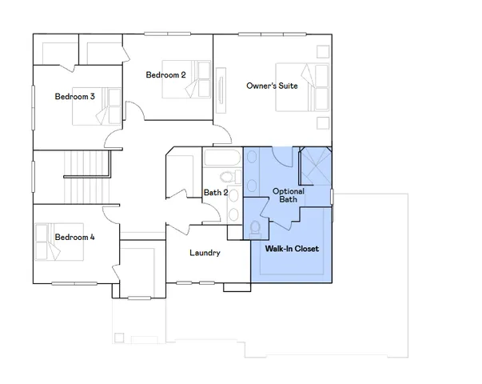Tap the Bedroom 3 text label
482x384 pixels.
pos(74,97)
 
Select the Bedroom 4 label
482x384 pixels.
pos(74,237)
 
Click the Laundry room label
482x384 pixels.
pos(205,254)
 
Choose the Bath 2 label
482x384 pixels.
pos(216,193)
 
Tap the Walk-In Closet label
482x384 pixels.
pos(292,249)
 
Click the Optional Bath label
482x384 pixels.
pos(286,195)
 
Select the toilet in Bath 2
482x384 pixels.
pos(226,177)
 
